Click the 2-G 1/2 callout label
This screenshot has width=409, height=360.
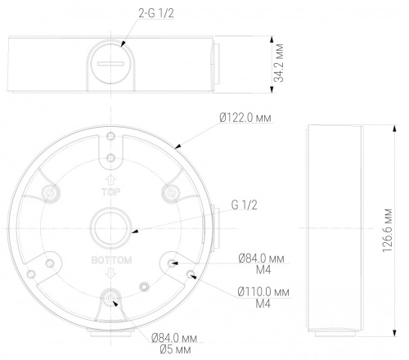click(156, 13)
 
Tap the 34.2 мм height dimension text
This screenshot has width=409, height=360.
click(279, 63)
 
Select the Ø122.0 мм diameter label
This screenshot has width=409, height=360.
click(245, 118)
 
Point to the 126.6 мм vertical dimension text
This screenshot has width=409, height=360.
click(387, 231)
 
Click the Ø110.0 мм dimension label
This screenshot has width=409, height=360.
click(263, 292)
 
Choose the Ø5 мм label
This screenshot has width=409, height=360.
click(175, 349)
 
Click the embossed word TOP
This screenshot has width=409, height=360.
click(110, 192)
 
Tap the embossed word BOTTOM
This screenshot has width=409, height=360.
click(111, 260)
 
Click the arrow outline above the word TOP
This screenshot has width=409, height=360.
click(110, 180)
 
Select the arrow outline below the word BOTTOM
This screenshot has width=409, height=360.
click(110, 272)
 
